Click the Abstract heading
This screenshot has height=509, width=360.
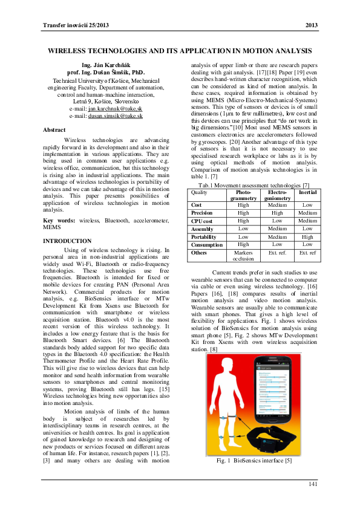[x=54, y=130]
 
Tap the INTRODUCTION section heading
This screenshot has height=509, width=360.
[x=67, y=241]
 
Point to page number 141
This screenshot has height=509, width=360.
[x=313, y=484]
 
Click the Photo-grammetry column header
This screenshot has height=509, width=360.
[x=243, y=195]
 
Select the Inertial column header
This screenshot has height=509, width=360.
[x=307, y=192]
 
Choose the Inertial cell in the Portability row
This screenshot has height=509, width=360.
[x=307, y=238]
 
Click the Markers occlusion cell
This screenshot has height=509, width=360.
[x=243, y=255]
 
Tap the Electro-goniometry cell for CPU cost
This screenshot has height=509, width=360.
[x=278, y=221]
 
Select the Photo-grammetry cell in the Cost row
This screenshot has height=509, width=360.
[x=243, y=205]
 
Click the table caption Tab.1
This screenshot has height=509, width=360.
[x=254, y=184]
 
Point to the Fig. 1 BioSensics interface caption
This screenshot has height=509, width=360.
[x=254, y=461]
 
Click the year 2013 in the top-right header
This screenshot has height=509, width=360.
[x=311, y=25]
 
